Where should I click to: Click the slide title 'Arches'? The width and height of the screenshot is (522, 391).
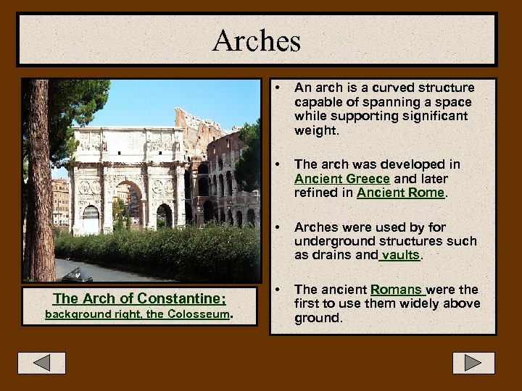pos(257,40)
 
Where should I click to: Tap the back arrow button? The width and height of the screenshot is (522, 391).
pos(41,362)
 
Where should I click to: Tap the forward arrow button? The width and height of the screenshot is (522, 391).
pos(473,362)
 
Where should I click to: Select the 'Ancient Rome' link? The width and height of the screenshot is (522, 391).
pos(401,193)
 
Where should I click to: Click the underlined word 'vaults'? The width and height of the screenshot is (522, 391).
pos(400,256)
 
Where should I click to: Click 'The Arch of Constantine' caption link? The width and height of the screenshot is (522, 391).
pos(139,298)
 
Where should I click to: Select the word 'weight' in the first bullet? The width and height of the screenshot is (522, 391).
pos(315,130)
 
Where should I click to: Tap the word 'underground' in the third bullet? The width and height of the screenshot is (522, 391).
pos(329,242)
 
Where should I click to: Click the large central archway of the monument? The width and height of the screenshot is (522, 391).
pos(128,206)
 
